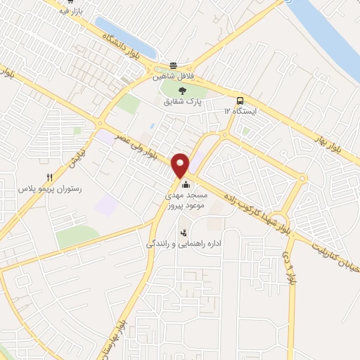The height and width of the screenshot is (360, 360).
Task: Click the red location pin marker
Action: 181,164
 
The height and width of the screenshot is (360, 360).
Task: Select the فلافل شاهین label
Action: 174,77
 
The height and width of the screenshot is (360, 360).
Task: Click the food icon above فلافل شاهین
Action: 173,65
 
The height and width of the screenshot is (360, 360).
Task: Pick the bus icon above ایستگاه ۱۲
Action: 240,100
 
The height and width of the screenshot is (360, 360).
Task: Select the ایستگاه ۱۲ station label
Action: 240,111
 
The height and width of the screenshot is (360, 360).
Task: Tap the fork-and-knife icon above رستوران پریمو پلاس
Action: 49,178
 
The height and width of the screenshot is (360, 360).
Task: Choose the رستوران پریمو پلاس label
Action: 49,190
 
